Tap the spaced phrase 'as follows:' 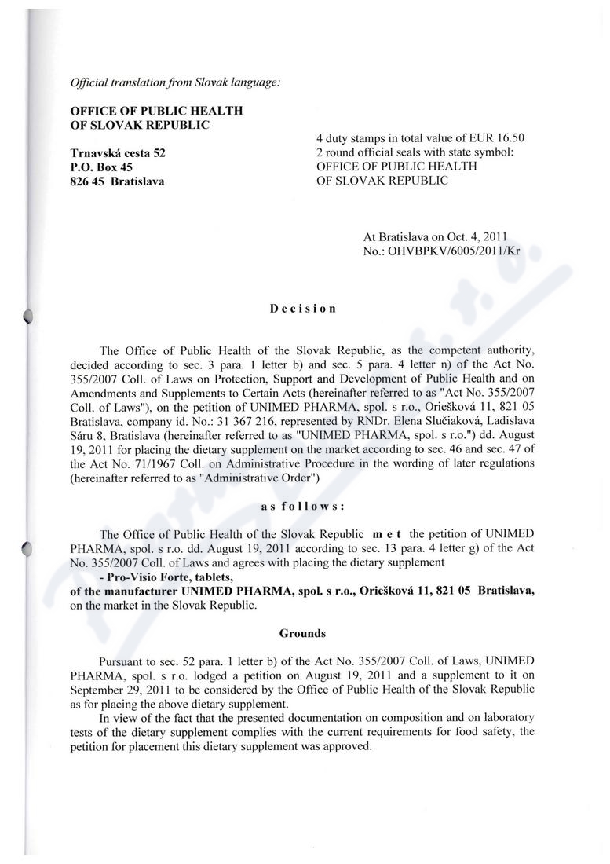(x=304, y=506)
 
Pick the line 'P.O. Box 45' (x=100, y=167)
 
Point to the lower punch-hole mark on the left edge (x=29, y=549)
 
